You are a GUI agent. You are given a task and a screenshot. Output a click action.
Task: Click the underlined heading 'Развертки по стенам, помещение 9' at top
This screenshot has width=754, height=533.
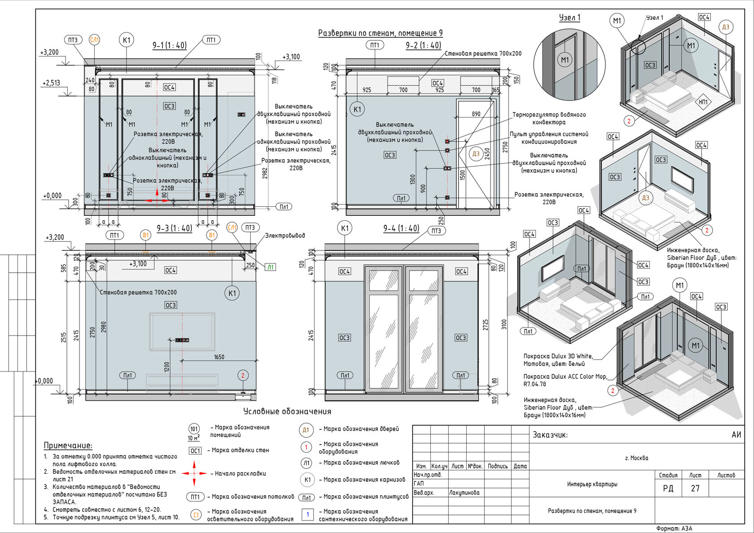pyautogui.click(x=381, y=33)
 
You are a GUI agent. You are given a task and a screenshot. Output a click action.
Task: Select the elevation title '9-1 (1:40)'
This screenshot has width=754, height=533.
pyautogui.click(x=170, y=45)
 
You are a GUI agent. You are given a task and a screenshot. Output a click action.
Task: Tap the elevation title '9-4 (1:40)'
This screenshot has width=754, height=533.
pyautogui.click(x=401, y=228)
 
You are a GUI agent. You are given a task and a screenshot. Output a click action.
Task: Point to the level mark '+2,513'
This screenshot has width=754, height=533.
pyautogui.click(x=51, y=83)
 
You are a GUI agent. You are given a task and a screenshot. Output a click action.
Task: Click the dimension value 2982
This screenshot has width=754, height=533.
pyautogui.click(x=265, y=173)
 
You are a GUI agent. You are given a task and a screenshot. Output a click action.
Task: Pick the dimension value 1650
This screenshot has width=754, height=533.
pyautogui.click(x=219, y=357)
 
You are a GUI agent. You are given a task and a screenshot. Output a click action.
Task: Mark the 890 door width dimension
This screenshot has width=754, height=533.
pyautogui.click(x=476, y=114)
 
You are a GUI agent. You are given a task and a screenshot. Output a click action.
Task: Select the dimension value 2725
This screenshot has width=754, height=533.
pyautogui.click(x=486, y=325)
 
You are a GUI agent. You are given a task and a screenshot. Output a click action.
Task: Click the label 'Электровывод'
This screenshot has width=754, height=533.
pyautogui.click(x=285, y=236)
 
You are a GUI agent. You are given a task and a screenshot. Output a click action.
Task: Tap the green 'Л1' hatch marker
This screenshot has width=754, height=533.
pyautogui.click(x=270, y=267)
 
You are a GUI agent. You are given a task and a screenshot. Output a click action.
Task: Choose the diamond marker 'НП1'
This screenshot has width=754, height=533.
pyautogui.click(x=703, y=101)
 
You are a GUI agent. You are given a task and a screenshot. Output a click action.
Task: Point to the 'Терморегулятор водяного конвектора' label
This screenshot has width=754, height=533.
pyautogui.click(x=549, y=118)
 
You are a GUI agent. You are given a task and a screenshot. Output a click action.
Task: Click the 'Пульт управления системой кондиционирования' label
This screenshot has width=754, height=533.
pyautogui.click(x=549, y=138)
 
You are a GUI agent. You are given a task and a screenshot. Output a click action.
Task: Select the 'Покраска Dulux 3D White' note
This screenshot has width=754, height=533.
pyautogui.click(x=558, y=360)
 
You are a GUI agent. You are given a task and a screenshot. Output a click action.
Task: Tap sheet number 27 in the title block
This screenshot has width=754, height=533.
pyautogui.click(x=696, y=488)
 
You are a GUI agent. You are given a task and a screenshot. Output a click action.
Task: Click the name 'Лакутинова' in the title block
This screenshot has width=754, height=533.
pyautogui.click(x=464, y=493)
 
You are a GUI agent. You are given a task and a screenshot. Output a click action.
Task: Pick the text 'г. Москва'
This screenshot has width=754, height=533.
pyautogui.click(x=636, y=458)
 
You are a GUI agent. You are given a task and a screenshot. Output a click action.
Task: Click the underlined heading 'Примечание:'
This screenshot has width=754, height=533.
pyautogui.click(x=68, y=446)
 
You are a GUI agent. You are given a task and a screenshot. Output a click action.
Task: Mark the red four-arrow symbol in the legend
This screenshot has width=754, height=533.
pyautogui.click(x=194, y=473)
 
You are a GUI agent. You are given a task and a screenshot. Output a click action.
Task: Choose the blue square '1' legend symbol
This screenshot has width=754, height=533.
pyautogui.click(x=308, y=514)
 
